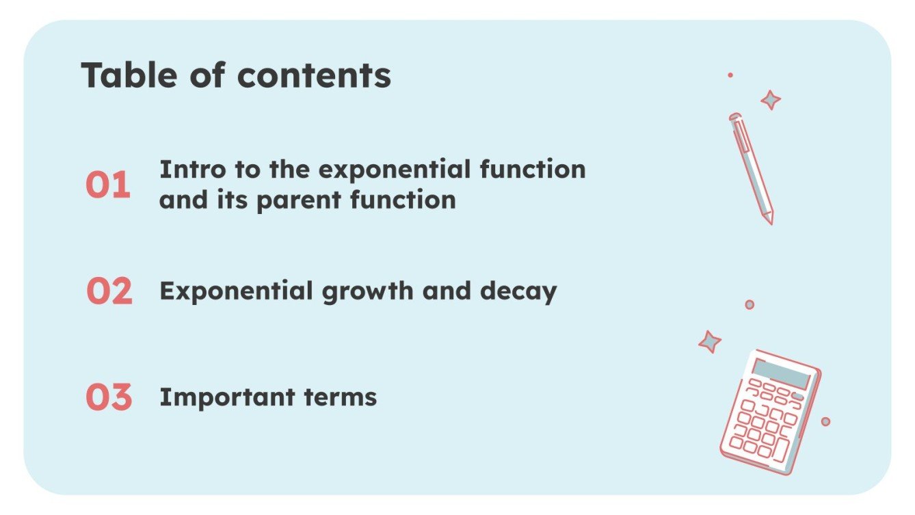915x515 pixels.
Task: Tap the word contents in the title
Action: pyautogui.click(x=314, y=75)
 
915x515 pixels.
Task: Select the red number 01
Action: pyautogui.click(x=107, y=185)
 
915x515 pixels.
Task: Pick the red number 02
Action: pyautogui.click(x=109, y=292)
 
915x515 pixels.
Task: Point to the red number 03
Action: pyautogui.click(x=108, y=398)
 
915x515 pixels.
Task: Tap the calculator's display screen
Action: pyautogui.click(x=782, y=373)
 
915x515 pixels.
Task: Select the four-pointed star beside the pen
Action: pyautogui.click(x=771, y=100)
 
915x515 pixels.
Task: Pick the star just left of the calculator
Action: pyautogui.click(x=710, y=341)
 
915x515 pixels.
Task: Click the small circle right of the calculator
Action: pyautogui.click(x=825, y=421)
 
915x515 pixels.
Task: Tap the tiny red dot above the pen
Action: pyautogui.click(x=730, y=75)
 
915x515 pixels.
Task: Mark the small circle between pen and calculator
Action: pyautogui.click(x=750, y=304)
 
